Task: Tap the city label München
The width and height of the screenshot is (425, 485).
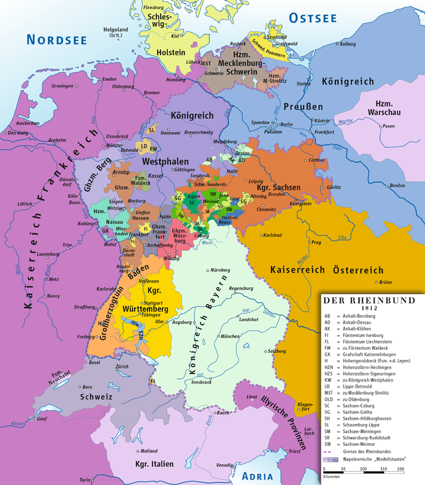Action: click(x=231, y=336)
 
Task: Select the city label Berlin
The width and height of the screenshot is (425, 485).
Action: click(x=287, y=124)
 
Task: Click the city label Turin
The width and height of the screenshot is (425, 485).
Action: click(x=84, y=479)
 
